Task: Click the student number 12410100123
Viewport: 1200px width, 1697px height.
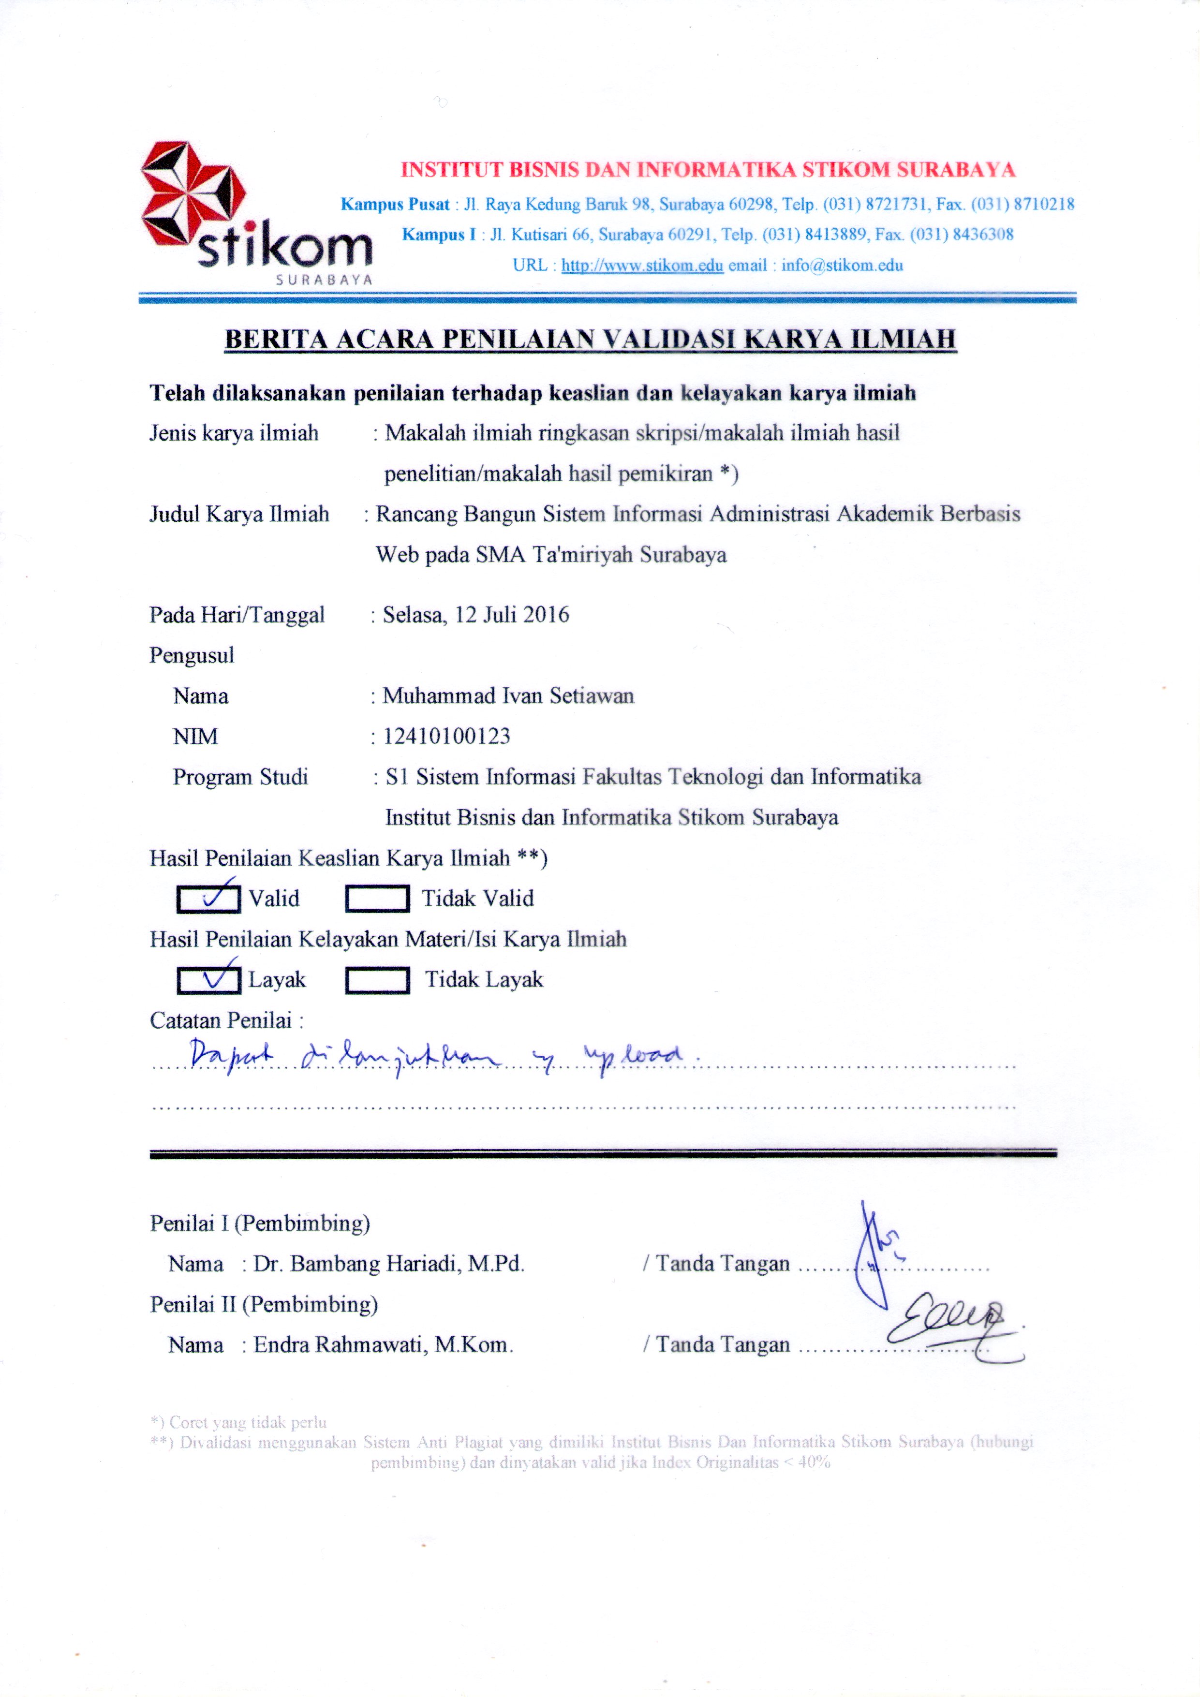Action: pos(446,736)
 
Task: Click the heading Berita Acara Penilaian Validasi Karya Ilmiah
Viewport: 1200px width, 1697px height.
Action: pos(590,339)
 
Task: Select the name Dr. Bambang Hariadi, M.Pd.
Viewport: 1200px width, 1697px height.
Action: pos(389,1264)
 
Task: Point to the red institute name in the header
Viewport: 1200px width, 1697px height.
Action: pos(708,170)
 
